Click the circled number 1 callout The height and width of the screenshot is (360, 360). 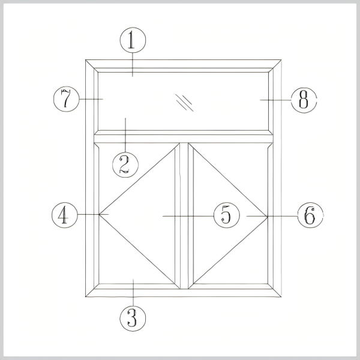tap(133, 40)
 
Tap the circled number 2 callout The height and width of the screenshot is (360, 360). tap(125, 164)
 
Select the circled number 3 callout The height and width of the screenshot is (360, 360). tap(133, 318)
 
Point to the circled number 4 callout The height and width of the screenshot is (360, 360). tap(65, 215)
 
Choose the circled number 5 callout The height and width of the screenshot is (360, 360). tap(227, 215)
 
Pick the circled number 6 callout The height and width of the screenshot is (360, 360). tap(310, 215)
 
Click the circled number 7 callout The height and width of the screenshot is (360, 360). tap(67, 99)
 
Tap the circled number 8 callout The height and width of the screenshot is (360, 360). tap(304, 100)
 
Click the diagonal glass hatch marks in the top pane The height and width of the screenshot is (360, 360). tap(184, 103)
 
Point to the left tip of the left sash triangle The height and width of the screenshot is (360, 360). tap(99, 214)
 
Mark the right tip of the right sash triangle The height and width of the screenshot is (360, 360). tap(268, 216)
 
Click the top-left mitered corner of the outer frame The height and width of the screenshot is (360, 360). tap(86, 60)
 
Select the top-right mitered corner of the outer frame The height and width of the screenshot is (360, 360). tap(281, 60)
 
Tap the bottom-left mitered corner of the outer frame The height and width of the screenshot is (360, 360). tap(86, 297)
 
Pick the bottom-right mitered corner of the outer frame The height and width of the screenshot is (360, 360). tap(281, 297)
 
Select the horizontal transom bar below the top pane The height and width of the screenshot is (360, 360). tap(184, 139)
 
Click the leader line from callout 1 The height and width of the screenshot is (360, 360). tap(133, 65)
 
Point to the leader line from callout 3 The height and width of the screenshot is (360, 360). tap(133, 292)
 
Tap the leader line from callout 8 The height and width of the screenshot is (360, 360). tap(275, 100)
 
